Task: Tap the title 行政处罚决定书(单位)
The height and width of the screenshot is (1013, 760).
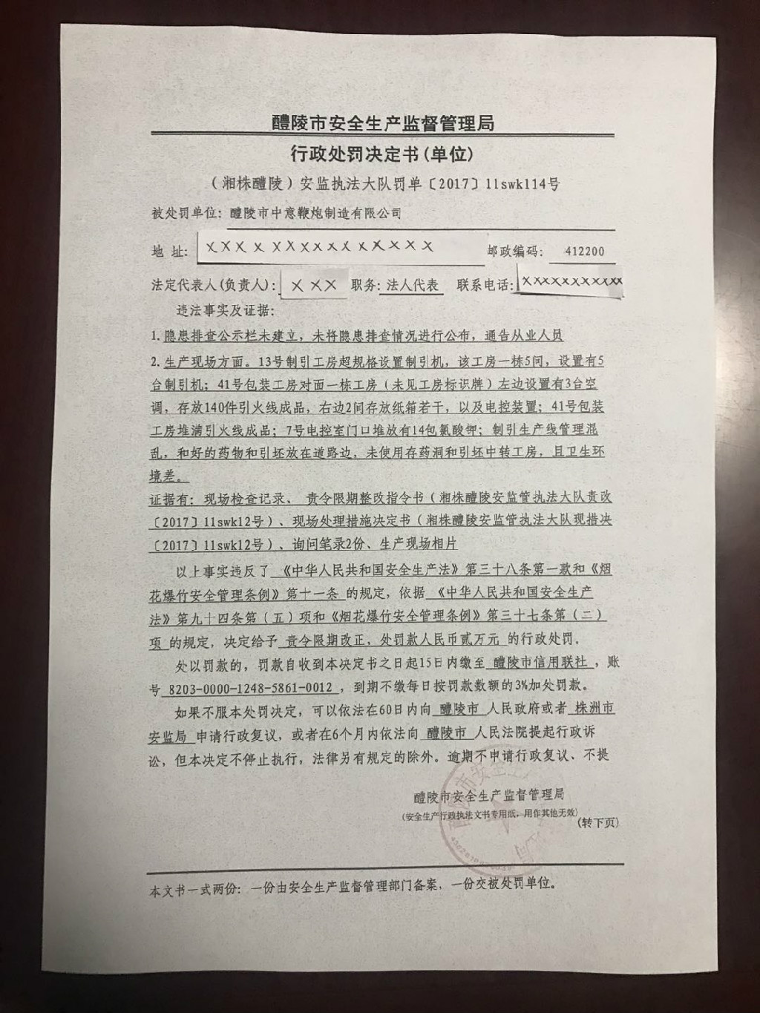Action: pyautogui.click(x=381, y=154)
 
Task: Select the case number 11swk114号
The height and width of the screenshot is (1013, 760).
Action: pyautogui.click(x=522, y=184)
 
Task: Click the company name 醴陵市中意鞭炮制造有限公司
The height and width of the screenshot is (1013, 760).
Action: pyautogui.click(x=315, y=214)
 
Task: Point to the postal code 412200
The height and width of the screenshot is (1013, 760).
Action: pyautogui.click(x=584, y=252)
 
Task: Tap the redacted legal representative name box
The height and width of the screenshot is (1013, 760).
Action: pyautogui.click(x=314, y=285)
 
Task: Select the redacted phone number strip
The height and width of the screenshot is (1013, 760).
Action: pyautogui.click(x=571, y=282)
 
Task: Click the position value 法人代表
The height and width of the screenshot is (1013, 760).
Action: pyautogui.click(x=412, y=286)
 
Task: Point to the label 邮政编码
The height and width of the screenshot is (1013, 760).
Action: pyautogui.click(x=511, y=252)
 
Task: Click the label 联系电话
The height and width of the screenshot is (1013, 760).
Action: pyautogui.click(x=484, y=286)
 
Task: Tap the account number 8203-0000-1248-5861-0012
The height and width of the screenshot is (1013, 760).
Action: pyautogui.click(x=251, y=688)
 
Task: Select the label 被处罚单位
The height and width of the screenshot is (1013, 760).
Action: pyautogui.click(x=185, y=214)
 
